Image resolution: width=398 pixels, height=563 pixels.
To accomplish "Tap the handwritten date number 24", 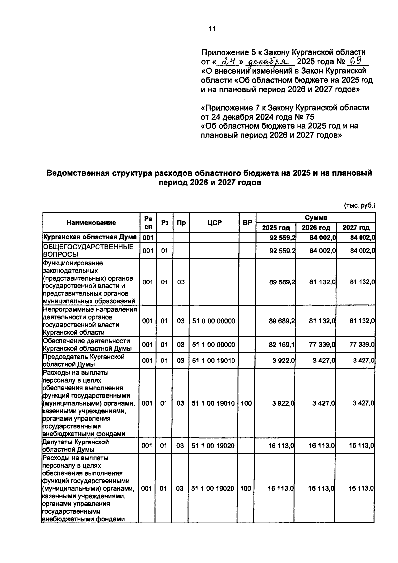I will (x=229, y=61).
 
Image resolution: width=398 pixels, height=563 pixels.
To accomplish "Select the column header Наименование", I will (x=91, y=223).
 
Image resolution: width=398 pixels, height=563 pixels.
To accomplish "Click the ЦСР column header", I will (x=214, y=223).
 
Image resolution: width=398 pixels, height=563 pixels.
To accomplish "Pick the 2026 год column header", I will (x=316, y=228).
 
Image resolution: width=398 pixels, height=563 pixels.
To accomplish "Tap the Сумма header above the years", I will (x=316, y=218).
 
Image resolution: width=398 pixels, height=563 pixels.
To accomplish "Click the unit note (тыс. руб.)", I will (x=360, y=205).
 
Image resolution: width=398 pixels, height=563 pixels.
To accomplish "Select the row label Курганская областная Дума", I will (x=90, y=237).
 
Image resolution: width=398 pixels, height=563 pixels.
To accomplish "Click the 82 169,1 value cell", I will (x=282, y=345).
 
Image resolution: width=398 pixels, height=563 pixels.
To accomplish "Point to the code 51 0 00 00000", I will (x=214, y=321).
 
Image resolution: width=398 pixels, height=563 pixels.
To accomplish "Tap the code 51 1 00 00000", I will (x=214, y=345).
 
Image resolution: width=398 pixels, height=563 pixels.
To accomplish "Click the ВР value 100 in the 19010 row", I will (x=246, y=403).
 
